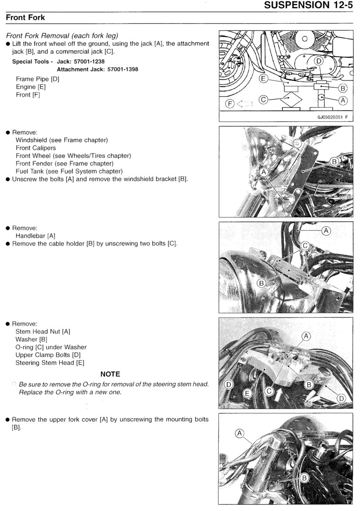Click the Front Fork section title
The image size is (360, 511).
pos(26,18)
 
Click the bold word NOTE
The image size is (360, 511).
pos(110,374)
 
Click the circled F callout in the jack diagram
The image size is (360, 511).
pos(229,103)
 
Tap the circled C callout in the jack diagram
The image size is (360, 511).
pos(264,100)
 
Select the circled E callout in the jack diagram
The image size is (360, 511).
pos(263,79)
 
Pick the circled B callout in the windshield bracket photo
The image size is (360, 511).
pos(334,162)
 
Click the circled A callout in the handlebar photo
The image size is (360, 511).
pos(326,230)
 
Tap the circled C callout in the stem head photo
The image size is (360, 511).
pos(270,392)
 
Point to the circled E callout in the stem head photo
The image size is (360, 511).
pos(247,393)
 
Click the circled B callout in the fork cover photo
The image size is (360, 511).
pos(305,477)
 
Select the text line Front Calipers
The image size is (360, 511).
pos(36,148)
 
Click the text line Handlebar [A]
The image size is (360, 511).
pos(36,236)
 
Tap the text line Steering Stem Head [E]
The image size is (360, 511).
pos(50,363)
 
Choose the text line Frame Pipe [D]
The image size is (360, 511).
pos(37,79)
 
